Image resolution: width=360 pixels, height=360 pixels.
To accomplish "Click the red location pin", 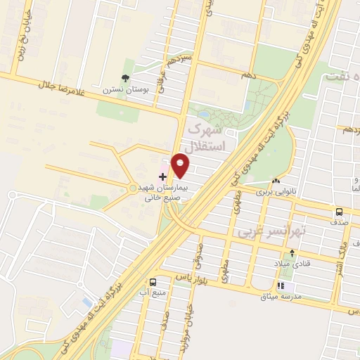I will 181,166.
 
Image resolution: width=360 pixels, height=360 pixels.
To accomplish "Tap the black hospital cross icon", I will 163,176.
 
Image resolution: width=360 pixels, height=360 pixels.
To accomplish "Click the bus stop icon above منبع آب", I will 153,280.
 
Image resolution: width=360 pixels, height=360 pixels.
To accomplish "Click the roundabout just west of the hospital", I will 134,188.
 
